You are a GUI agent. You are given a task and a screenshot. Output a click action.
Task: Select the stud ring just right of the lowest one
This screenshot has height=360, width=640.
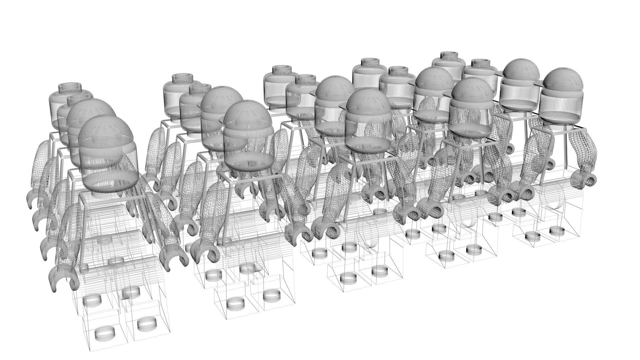click(x=146, y=323)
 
